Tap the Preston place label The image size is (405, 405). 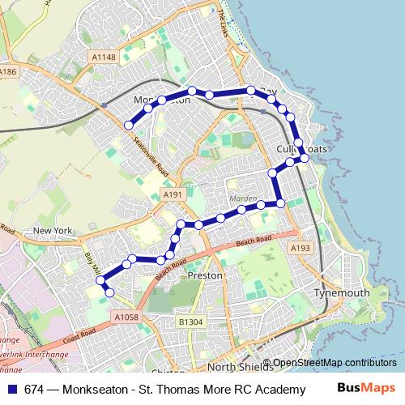204,275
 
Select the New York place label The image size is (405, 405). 53,232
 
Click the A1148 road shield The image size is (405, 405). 104,57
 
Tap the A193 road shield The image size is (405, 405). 300,248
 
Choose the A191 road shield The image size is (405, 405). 173,195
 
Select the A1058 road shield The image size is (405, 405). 126,317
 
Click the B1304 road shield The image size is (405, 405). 190,322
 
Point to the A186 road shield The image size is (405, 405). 7,72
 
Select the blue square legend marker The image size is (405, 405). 11,389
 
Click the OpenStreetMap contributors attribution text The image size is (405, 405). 334,362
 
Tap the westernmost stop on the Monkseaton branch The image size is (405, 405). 128,126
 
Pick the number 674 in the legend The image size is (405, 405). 36,389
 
